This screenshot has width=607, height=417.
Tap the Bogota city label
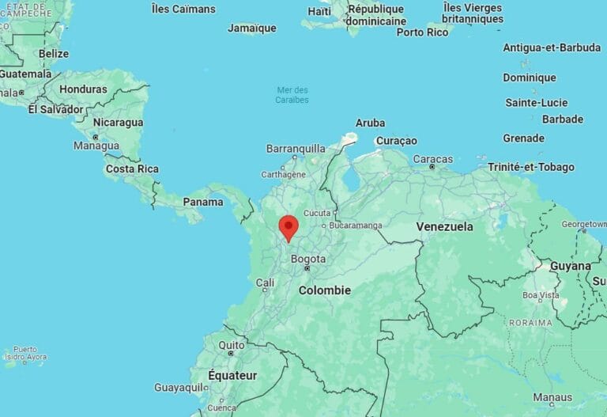308,259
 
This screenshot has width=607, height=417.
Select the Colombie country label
324,290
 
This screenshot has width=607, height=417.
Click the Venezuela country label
444,226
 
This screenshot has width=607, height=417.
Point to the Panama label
203,202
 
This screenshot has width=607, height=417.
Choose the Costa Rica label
132,169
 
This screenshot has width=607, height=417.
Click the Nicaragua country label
118,123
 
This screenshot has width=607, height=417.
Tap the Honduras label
83,89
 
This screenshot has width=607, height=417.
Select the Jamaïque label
251,28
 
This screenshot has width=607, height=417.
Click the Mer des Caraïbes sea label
292,95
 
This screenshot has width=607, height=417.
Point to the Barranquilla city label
296,148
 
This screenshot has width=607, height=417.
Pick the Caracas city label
432,159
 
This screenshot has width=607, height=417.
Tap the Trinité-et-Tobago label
531,167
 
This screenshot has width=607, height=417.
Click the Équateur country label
232,375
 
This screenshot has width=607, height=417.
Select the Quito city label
232,345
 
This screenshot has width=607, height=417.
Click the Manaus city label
552,397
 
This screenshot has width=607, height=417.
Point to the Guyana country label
570,266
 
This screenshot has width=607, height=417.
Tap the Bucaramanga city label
356,226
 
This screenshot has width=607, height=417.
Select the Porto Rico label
422,32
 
